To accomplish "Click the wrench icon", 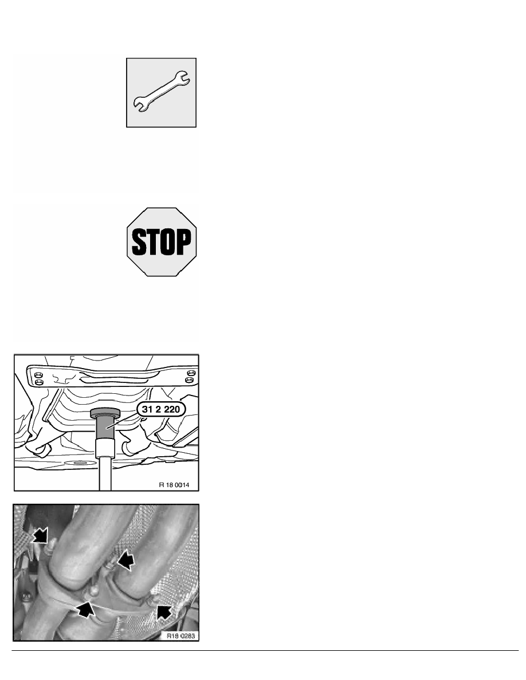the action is (161, 92).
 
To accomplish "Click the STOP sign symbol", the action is (162, 242).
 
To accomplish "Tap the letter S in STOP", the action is (139, 242).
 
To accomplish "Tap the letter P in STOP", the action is (183, 242).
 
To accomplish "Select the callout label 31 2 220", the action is (160, 409).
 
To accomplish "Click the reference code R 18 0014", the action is (174, 485).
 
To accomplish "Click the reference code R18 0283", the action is (180, 636).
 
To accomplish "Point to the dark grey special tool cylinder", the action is (104, 428).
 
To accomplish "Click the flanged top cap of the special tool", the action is (105, 413).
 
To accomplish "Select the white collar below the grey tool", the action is (104, 447).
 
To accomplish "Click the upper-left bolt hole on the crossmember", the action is (38, 374).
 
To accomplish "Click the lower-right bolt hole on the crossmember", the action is (189, 380).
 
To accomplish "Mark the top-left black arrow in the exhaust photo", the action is (40, 535).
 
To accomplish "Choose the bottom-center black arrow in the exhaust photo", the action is (86, 609).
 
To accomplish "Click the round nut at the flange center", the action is (93, 590).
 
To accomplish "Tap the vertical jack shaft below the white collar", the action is (105, 473).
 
